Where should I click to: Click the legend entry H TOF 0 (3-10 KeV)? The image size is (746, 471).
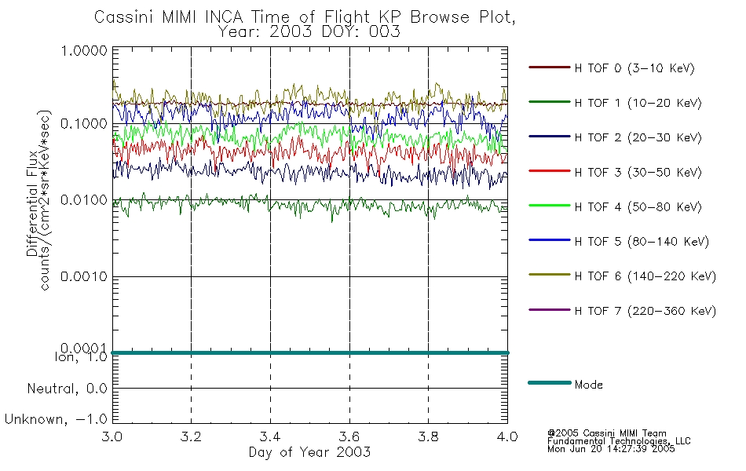(x=634, y=68)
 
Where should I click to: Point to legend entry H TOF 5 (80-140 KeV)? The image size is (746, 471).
(x=641, y=242)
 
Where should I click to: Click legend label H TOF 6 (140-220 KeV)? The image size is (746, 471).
(x=645, y=276)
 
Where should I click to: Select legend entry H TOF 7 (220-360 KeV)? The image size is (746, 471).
(x=645, y=311)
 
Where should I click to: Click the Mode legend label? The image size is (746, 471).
(x=589, y=385)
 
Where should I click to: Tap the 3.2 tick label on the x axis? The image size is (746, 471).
(x=191, y=436)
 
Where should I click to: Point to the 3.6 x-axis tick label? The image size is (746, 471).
(x=349, y=436)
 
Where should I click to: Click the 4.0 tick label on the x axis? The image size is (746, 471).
(x=507, y=436)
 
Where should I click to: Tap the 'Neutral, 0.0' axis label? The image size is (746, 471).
(x=66, y=389)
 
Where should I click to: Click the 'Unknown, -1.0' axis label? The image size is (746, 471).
(x=56, y=419)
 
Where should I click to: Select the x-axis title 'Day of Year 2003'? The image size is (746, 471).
(x=309, y=452)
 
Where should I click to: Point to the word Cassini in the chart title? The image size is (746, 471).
(x=124, y=17)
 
